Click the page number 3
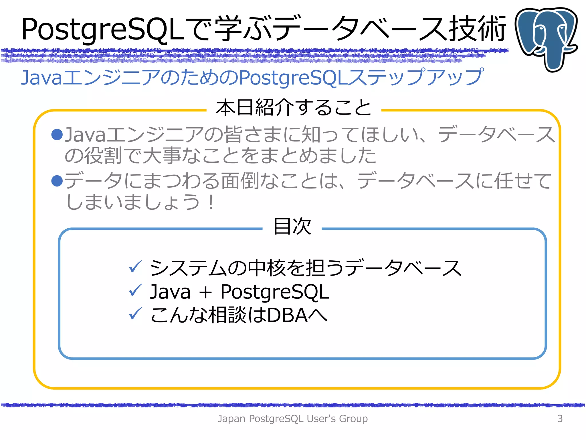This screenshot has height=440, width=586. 560,419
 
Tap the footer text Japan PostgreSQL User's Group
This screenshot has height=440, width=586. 292,419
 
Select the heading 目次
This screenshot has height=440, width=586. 292,226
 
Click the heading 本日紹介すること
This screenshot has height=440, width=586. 294,107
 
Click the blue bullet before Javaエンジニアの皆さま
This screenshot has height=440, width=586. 57,135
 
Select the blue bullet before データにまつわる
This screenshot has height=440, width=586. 57,181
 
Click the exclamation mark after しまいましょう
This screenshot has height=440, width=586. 211,202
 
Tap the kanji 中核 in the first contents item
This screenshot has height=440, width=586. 266,268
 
